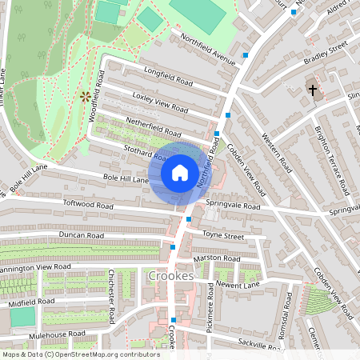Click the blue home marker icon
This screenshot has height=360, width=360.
pyautogui.click(x=180, y=173)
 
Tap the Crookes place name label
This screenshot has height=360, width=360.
pyautogui.click(x=171, y=276)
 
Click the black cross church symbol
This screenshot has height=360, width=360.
pyautogui.click(x=313, y=90)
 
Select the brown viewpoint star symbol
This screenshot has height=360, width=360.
pyautogui.click(x=85, y=97)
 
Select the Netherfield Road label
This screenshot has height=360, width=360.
pyautogui.click(x=154, y=129)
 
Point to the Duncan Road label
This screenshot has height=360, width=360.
pyautogui.click(x=81, y=236)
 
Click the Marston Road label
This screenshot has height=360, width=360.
pyautogui.click(x=216, y=258)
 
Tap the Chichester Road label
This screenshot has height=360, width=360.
pyautogui.click(x=112, y=298)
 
